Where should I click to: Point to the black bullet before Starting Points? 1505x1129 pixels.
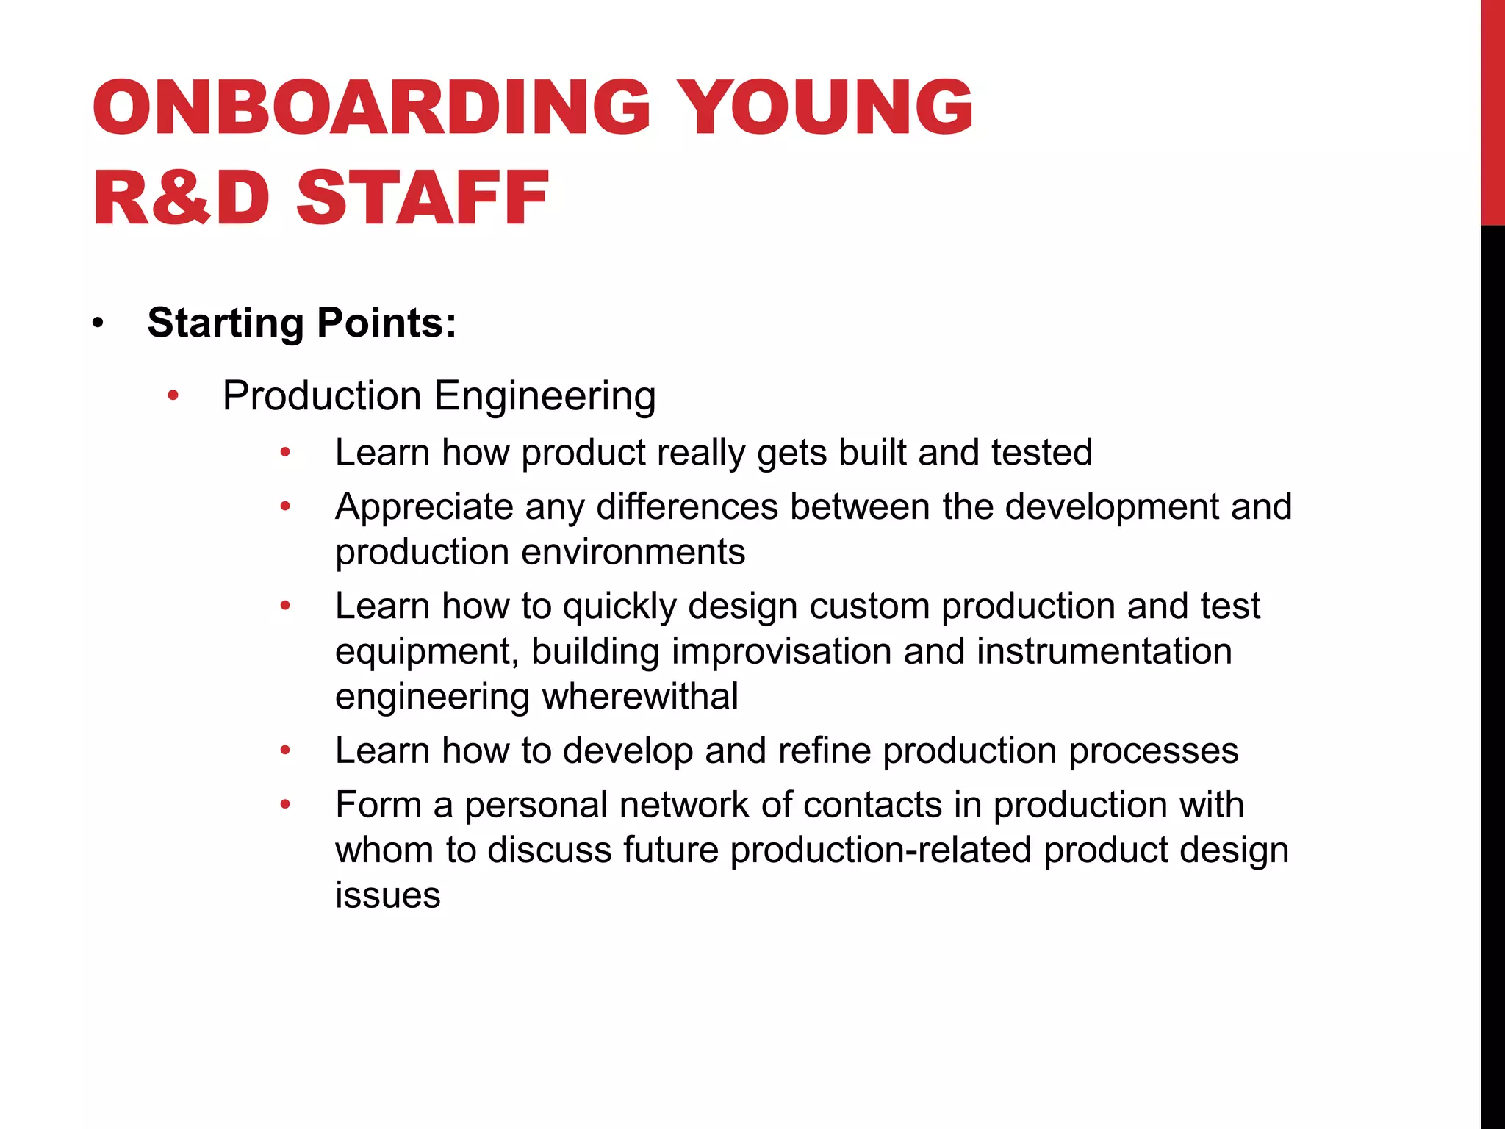tap(98, 323)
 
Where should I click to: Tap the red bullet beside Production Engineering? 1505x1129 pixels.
tap(173, 396)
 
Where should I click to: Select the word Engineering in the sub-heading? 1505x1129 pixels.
tap(545, 397)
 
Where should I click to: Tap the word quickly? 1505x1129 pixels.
tap(619, 607)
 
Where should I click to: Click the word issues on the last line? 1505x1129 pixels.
tap(387, 895)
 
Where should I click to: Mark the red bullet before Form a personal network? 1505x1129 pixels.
tap(286, 805)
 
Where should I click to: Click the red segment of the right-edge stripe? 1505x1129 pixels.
tap(1493, 110)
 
